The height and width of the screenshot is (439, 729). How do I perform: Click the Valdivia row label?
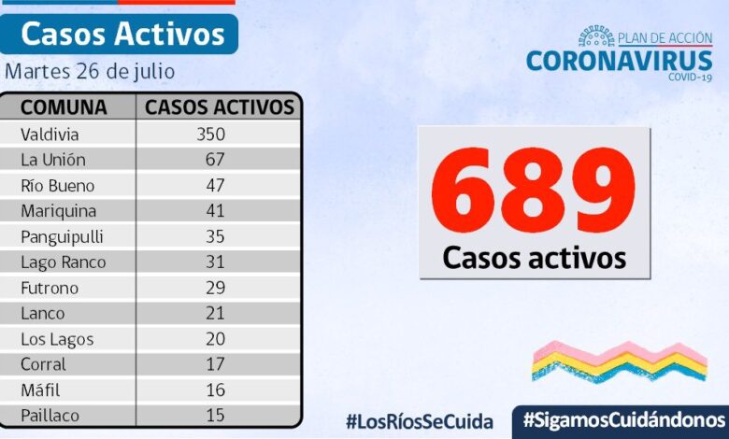point(50,134)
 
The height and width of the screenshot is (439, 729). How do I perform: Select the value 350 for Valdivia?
point(210,134)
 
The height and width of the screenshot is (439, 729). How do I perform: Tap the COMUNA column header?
point(64,106)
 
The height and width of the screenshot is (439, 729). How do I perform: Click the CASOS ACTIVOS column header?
point(220,106)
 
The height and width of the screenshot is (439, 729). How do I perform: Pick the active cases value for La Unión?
point(215,160)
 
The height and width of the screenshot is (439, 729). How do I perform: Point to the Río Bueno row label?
point(58,185)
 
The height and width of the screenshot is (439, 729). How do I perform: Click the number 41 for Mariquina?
point(215,211)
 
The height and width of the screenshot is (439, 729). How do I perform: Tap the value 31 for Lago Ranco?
point(215,262)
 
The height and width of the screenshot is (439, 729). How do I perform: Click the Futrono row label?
point(50,288)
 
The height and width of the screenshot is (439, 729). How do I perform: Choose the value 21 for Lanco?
point(215,314)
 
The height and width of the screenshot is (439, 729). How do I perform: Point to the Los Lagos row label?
point(58,339)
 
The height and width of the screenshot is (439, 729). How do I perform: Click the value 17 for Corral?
point(215,364)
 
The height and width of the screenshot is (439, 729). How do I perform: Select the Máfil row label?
point(41,390)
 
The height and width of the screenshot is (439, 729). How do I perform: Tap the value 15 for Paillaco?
point(215,416)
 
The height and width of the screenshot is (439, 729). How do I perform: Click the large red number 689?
point(533,191)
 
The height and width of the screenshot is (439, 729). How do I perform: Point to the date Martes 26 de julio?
point(90,71)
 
